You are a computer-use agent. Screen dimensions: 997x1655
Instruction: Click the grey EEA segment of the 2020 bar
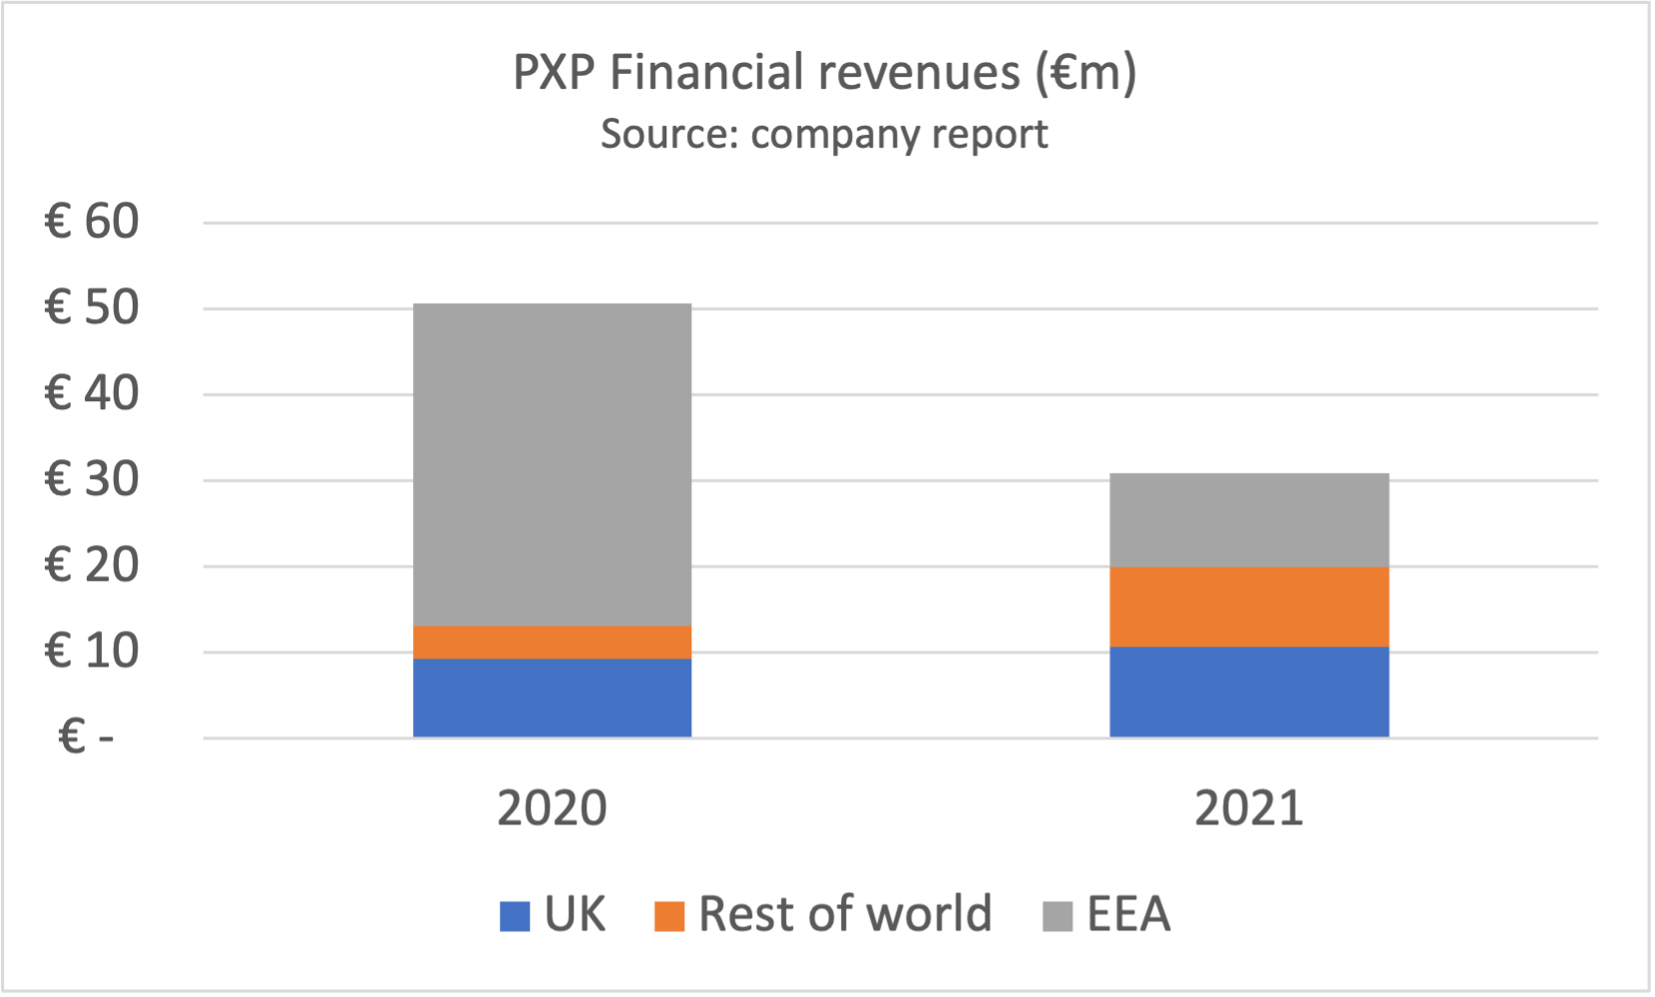pyautogui.click(x=552, y=464)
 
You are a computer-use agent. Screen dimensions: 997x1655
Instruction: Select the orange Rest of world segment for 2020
pyautogui.click(x=552, y=642)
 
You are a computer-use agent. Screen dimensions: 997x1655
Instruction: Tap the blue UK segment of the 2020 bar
pyautogui.click(x=552, y=698)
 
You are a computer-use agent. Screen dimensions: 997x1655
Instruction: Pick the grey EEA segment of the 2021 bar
pyautogui.click(x=1249, y=520)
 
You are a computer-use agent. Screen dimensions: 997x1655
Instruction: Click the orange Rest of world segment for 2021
pyautogui.click(x=1249, y=607)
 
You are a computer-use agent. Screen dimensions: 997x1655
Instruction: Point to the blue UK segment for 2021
pyautogui.click(x=1249, y=692)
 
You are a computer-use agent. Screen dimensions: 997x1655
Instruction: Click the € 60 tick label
pyautogui.click(x=92, y=222)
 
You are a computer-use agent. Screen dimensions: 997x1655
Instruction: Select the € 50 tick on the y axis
pyautogui.click(x=92, y=307)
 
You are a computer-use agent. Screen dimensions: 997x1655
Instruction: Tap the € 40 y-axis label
pyautogui.click(x=92, y=393)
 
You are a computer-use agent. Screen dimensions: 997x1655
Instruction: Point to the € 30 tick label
pyautogui.click(x=92, y=479)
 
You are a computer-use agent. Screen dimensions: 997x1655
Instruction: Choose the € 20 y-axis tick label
pyautogui.click(x=92, y=565)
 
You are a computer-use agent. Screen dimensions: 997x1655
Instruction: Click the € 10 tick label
pyautogui.click(x=92, y=651)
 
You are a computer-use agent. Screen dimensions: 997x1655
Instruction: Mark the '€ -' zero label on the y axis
pyautogui.click(x=86, y=738)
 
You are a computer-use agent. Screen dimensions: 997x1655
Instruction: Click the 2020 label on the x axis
pyautogui.click(x=552, y=807)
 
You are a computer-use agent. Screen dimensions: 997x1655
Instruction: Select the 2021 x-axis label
pyautogui.click(x=1249, y=807)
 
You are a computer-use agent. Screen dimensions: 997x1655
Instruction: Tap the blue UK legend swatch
pyautogui.click(x=515, y=916)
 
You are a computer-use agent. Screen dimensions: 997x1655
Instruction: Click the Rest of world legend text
pyautogui.click(x=845, y=914)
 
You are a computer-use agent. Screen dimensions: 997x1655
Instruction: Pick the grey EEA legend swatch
pyautogui.click(x=1057, y=916)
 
